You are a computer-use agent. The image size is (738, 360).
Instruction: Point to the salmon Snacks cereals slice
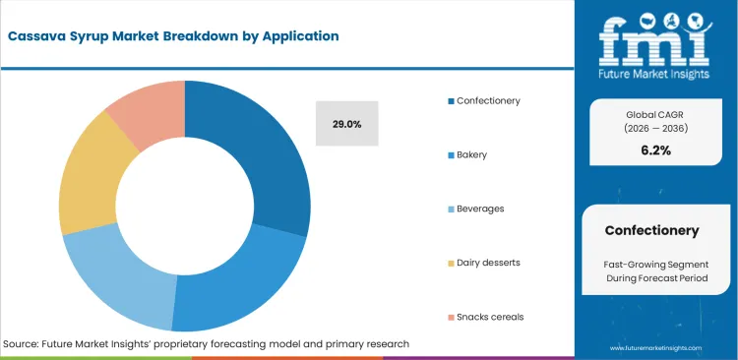click(x=146, y=110)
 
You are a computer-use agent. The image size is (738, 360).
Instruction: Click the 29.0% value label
click(x=346, y=124)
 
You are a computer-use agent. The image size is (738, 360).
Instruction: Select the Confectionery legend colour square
click(x=451, y=100)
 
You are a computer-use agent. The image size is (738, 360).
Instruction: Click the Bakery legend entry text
click(x=473, y=155)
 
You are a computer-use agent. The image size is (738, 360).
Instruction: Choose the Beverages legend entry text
click(x=480, y=209)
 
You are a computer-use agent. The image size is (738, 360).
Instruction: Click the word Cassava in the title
click(x=39, y=36)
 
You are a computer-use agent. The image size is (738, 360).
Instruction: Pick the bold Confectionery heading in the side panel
click(x=651, y=230)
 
